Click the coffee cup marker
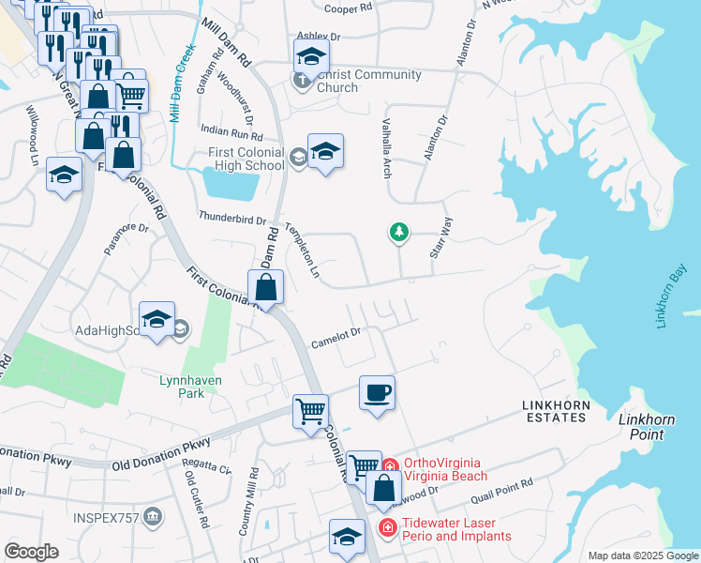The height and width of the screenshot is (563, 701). click(x=377, y=392)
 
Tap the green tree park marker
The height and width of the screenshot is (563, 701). click(x=399, y=231)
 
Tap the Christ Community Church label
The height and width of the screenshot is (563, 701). click(x=337, y=82)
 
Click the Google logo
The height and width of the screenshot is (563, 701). click(x=31, y=551)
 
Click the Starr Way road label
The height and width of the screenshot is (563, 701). click(x=441, y=238)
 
